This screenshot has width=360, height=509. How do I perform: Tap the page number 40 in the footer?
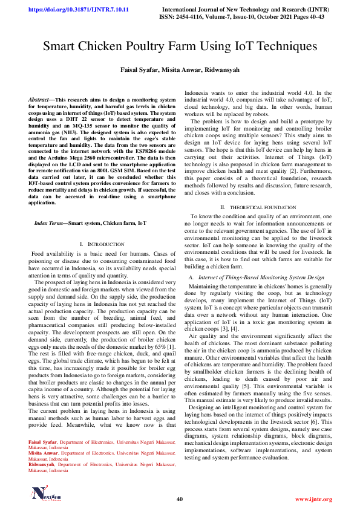[180, 499]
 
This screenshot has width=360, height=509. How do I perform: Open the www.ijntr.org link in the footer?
[313, 499]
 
